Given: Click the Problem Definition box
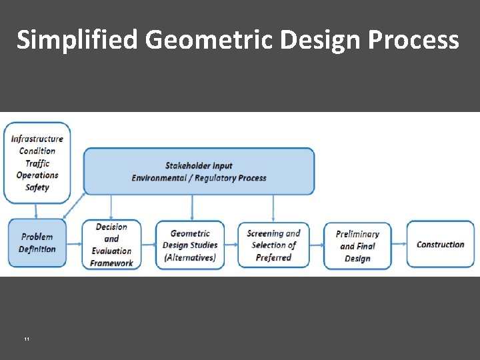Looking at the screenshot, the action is pos(37,243).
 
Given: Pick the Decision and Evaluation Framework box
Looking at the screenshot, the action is pos(111,245).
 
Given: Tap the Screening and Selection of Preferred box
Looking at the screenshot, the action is pos(273,245).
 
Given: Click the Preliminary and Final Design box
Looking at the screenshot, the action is pos(357,245).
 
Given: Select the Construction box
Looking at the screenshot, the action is pos(440,245).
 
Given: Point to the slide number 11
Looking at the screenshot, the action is pos(26,339).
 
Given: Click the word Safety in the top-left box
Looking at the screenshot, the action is pos(37,187).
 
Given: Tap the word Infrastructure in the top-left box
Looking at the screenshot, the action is pos(37,139).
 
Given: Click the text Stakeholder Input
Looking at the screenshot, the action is pos(199,165).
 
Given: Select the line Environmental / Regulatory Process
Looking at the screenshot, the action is pos(199,178).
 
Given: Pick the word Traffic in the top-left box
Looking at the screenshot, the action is pos(37,163).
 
